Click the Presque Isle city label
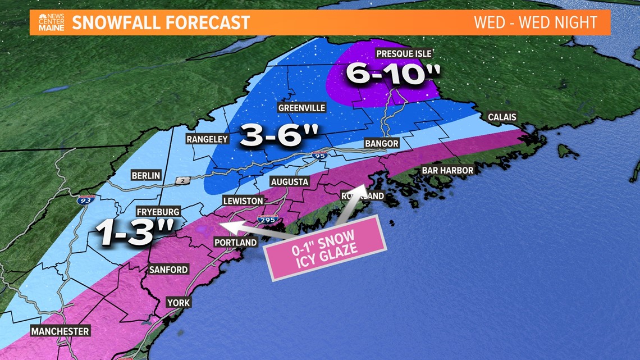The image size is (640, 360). pyautogui.click(x=404, y=54)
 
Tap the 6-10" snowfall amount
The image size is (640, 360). pyautogui.click(x=385, y=74)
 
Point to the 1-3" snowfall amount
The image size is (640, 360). pyautogui.click(x=133, y=232)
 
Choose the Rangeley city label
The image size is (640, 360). pyautogui.click(x=208, y=139)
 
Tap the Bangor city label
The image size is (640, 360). pyautogui.click(x=382, y=144)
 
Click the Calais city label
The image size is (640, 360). pyautogui.click(x=502, y=117)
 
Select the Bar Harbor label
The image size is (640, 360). pyautogui.click(x=447, y=170)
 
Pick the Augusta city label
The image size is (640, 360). pyautogui.click(x=289, y=181)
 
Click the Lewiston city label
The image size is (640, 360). pyautogui.click(x=243, y=200)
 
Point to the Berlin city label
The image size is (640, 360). pyautogui.click(x=146, y=175)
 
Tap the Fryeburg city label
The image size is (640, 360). pyautogui.click(x=158, y=212)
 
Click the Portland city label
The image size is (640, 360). pyautogui.click(x=236, y=243)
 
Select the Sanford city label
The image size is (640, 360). pyautogui.click(x=168, y=270)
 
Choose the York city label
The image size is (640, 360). pyautogui.click(x=179, y=303)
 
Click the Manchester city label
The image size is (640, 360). pyautogui.click(x=60, y=331)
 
